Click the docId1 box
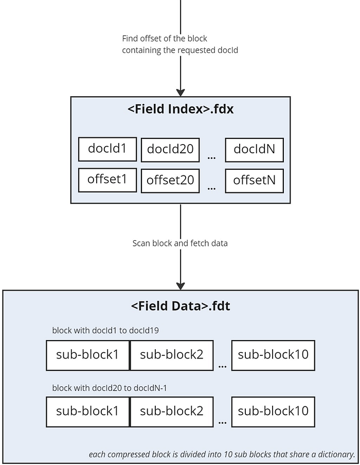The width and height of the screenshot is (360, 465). point(107,149)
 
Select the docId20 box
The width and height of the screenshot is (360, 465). point(170,150)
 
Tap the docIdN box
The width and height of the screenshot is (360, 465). point(255,150)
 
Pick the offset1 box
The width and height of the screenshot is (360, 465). point(107,180)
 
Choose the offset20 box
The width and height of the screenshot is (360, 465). point(170,181)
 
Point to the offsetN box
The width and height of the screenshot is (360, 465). point(255,181)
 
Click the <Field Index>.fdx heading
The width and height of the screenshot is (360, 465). point(181,109)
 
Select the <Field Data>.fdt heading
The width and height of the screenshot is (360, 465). point(181,306)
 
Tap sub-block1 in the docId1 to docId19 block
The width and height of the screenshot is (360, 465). point(88,355)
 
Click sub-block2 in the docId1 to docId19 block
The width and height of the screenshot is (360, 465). point(172,355)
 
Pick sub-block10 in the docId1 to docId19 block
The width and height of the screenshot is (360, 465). point(273,355)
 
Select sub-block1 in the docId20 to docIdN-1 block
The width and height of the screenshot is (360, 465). point(88,412)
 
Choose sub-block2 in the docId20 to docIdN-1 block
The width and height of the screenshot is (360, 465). point(172,412)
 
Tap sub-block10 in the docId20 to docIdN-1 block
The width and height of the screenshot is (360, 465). point(273,412)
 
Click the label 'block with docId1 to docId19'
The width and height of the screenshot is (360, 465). point(105,330)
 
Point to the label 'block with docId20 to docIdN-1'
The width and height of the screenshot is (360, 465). point(110,388)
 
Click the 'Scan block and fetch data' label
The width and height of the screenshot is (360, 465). point(180,243)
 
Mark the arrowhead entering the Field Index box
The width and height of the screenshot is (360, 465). point(181,93)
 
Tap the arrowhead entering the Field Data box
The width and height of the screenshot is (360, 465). point(181,286)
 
